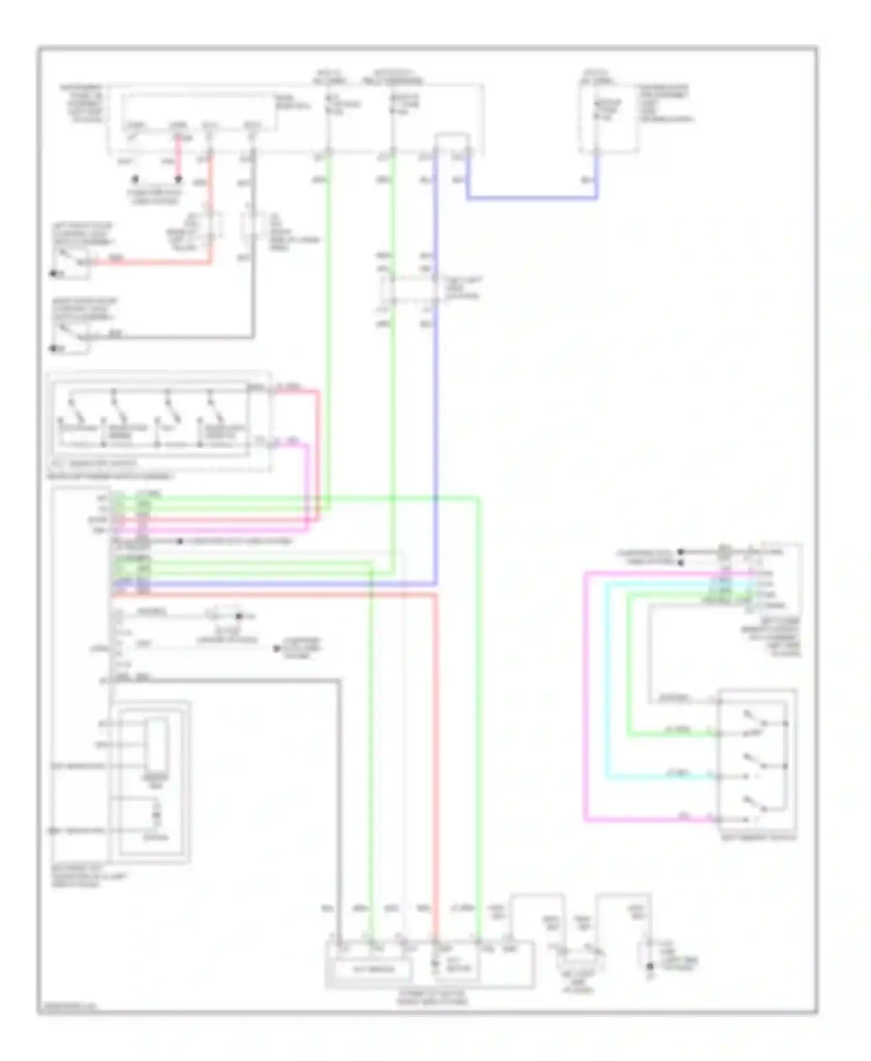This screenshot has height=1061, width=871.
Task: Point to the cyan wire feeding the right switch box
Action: [662, 777]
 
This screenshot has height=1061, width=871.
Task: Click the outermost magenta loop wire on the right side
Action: [586, 696]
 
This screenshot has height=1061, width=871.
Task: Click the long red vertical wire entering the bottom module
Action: [435, 755]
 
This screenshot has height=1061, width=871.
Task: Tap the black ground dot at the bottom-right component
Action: [650, 966]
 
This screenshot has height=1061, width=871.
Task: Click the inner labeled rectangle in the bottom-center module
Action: [372, 969]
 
